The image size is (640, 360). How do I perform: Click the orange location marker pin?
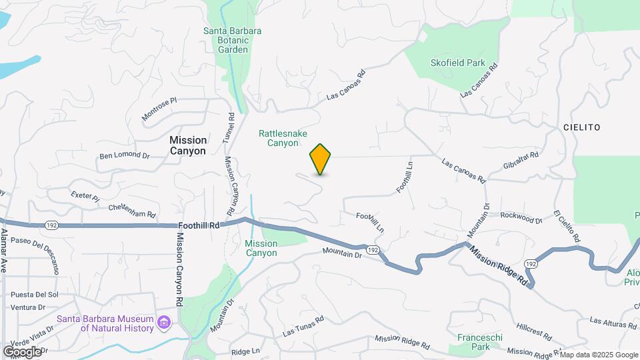coord(321,159)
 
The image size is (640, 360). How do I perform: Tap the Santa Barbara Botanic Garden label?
coord(232,40)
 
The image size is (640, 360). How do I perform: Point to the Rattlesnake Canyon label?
coord(283,138)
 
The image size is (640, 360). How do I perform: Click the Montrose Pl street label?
coord(159,109)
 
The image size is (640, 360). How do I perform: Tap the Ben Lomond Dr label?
coord(125,155)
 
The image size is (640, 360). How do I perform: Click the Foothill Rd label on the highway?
coord(199,226)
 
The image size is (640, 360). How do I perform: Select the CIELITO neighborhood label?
coord(581,127)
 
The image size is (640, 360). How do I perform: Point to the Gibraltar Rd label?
coord(521,160)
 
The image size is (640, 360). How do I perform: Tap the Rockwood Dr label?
coord(521,217)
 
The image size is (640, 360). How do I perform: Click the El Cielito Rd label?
coord(567,226)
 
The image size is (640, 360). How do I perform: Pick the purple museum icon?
coord(164,323)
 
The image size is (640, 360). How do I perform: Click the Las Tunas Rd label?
coord(303,325)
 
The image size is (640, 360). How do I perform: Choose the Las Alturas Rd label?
coord(613,323)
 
